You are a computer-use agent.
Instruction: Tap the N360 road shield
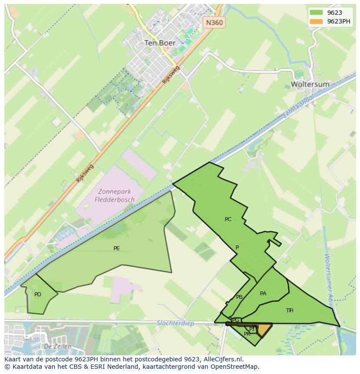pyautogui.click(x=214, y=22)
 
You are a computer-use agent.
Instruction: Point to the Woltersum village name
pyautogui.click(x=310, y=84)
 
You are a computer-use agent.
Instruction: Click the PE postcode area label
pyautogui.click(x=117, y=248)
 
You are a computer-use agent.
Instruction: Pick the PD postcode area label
pyautogui.click(x=38, y=295)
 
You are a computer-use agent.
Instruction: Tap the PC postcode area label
pyautogui.click(x=228, y=219)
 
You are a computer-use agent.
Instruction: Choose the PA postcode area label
pyautogui.click(x=263, y=294)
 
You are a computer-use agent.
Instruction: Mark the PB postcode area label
pyautogui.click(x=239, y=297)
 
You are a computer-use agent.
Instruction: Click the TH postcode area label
pyautogui.click(x=290, y=310)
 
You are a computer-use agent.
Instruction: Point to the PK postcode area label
pyautogui.click(x=247, y=334)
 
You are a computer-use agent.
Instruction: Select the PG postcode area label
pyautogui.click(x=236, y=321)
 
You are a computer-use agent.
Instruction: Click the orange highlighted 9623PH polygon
pyautogui.click(x=264, y=330)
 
